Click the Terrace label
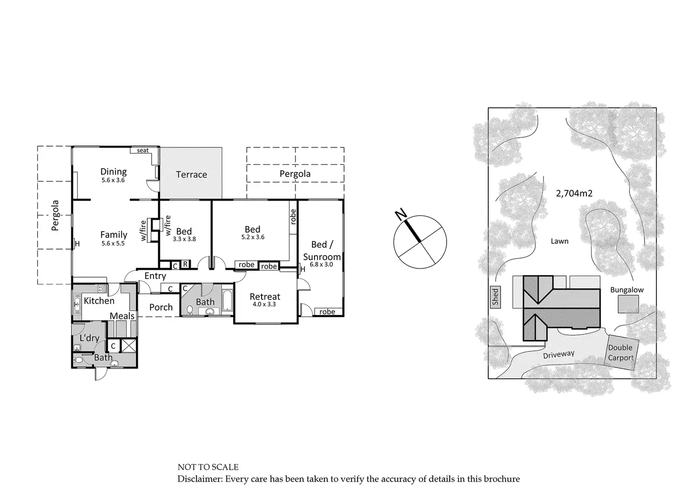[x=191, y=175]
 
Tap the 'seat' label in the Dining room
[x=143, y=150]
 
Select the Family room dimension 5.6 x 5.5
[x=113, y=244]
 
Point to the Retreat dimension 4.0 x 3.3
[x=264, y=305]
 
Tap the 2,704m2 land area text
[x=574, y=193]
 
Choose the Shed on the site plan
[x=495, y=297]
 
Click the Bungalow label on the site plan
[x=627, y=290]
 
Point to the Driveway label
[x=559, y=354]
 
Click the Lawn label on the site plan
[x=559, y=241]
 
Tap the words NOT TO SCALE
[x=208, y=467]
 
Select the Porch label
[x=161, y=307]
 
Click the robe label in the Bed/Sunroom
[x=327, y=312]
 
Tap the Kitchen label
[x=99, y=300]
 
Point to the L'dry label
[x=89, y=338]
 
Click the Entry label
[x=155, y=276]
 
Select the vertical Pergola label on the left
[x=55, y=216]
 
